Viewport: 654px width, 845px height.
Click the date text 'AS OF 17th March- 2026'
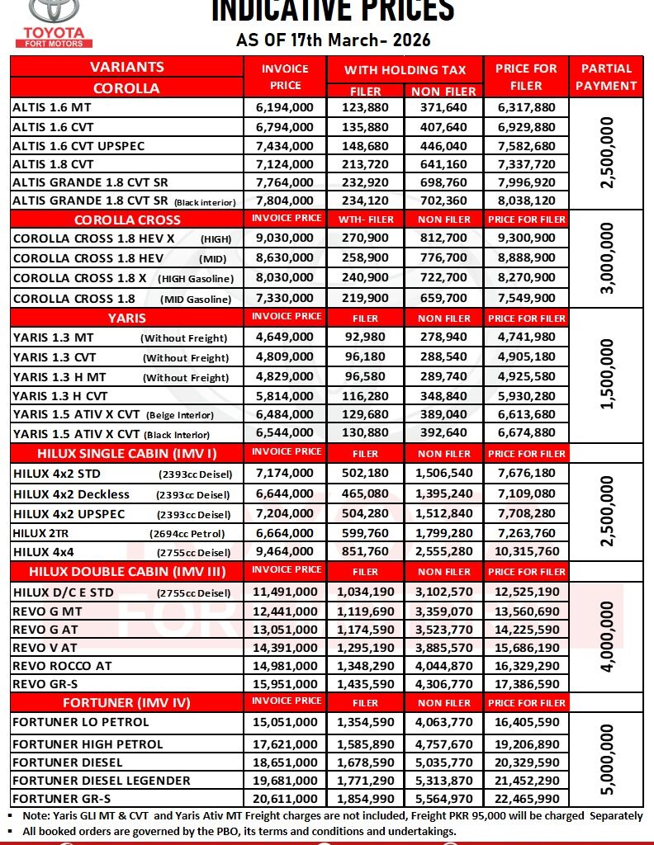click(333, 40)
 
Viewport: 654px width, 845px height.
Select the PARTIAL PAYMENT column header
click(608, 77)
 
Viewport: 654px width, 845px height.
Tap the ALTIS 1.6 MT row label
click(54, 107)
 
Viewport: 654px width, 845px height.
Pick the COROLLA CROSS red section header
click(127, 220)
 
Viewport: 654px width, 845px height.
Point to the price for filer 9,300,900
click(527, 238)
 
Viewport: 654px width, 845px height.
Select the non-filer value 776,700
click(444, 258)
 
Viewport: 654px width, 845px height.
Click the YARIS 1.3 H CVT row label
click(61, 397)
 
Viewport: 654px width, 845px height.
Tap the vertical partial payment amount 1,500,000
click(609, 375)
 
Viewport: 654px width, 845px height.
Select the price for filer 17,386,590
click(527, 684)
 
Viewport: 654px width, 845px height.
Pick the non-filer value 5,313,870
click(444, 780)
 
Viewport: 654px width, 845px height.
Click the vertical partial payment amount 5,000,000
click(609, 760)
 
